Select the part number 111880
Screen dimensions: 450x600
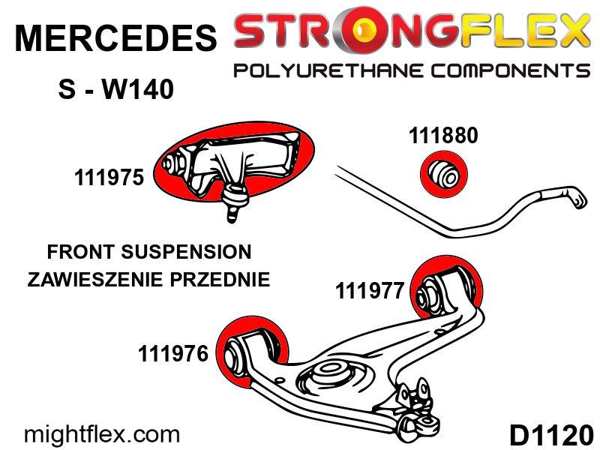click(443, 136)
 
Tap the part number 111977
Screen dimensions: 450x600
click(370, 291)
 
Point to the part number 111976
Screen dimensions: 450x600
click(173, 353)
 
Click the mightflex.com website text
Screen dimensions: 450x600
click(102, 434)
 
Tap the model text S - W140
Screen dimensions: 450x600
click(115, 91)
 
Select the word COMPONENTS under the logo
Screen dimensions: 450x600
click(507, 71)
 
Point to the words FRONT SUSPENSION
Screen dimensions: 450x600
click(148, 251)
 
